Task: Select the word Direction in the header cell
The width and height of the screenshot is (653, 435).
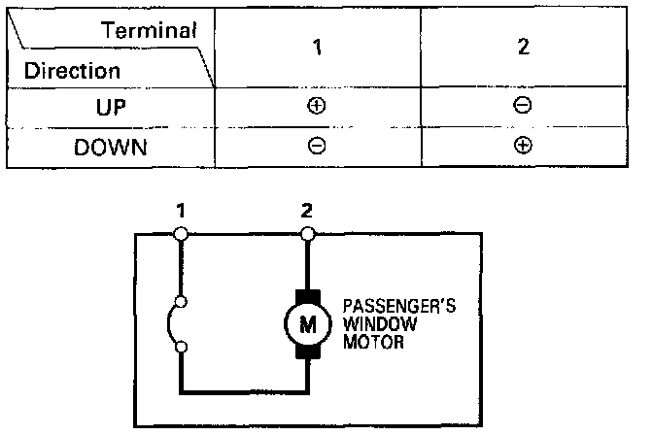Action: tap(73, 71)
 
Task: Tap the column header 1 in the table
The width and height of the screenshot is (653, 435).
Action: tap(317, 50)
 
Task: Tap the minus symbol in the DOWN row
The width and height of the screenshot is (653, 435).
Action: tap(317, 148)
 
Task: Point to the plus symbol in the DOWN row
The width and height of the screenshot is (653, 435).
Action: tap(523, 148)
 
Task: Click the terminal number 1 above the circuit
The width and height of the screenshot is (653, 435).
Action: tap(180, 210)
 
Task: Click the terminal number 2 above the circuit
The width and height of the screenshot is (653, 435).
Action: tap(308, 210)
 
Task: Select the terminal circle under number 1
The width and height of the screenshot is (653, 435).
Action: tap(181, 233)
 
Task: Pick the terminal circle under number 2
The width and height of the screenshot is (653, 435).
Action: tap(308, 233)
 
